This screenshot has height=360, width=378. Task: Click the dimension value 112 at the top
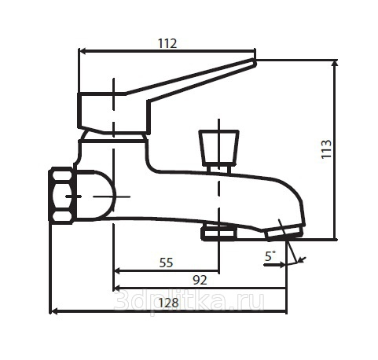pyautogui.click(x=167, y=43)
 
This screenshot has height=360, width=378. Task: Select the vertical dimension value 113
pyautogui.click(x=326, y=149)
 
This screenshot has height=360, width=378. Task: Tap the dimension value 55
pyautogui.click(x=166, y=263)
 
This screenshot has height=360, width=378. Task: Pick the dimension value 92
pyautogui.click(x=200, y=280)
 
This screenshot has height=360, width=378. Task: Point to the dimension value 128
pyautogui.click(x=169, y=303)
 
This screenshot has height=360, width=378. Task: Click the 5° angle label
pyautogui.click(x=270, y=256)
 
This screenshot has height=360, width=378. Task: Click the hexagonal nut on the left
pyautogui.click(x=61, y=196)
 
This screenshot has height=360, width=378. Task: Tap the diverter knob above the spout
pyautogui.click(x=218, y=148)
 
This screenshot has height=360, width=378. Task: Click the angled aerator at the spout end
pyautogui.click(x=284, y=233)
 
